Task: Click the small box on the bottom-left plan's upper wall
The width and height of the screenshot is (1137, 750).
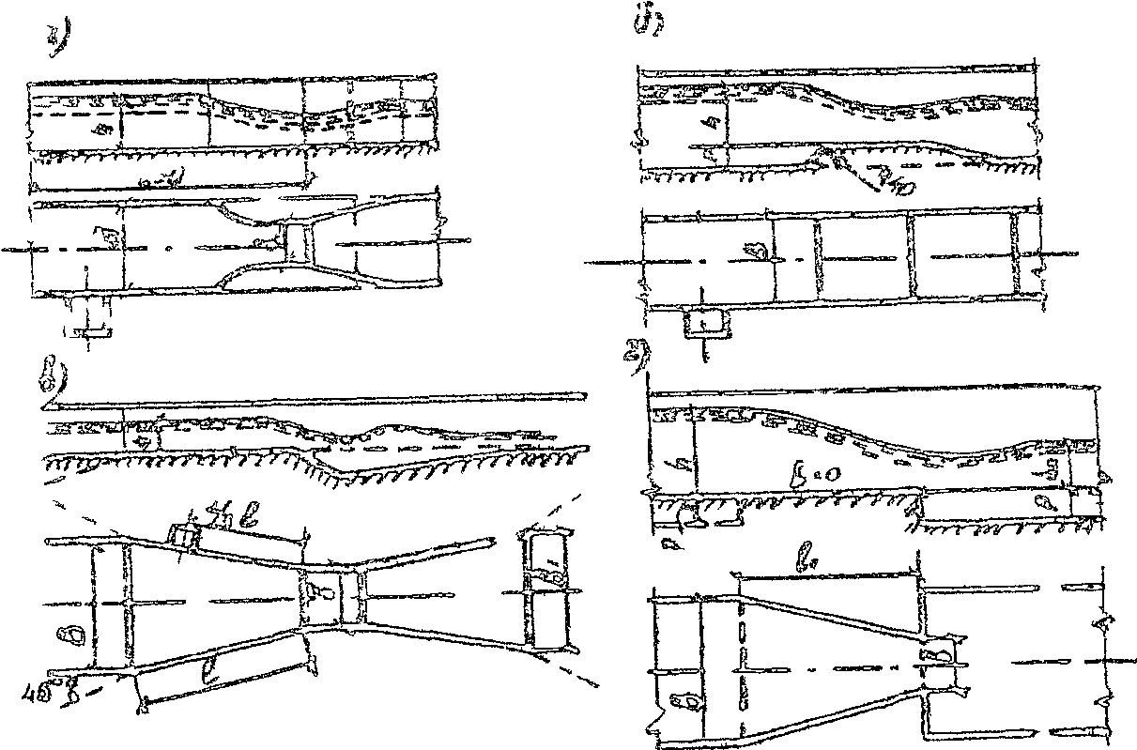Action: pos(185,538)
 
